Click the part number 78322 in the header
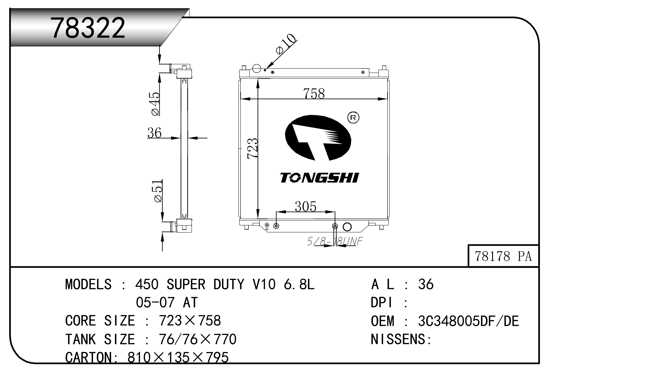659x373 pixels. tap(88, 28)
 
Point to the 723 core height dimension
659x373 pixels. tap(252, 148)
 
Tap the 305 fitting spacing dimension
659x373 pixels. tap(305, 206)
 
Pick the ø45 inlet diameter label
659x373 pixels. tap(155, 104)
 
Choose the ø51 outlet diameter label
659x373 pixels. tap(158, 190)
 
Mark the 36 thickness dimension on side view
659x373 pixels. tap(155, 133)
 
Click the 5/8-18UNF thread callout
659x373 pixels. tap(335, 241)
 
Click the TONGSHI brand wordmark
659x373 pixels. tap(319, 178)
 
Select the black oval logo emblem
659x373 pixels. tap(318, 138)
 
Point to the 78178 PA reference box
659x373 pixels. tap(503, 256)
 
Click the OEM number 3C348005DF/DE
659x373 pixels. tap(468, 321)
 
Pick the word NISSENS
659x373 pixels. tap(400, 339)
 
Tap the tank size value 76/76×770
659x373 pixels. tap(198, 339)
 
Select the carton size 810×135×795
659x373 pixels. tap(178, 357)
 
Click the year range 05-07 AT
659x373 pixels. tap(167, 302)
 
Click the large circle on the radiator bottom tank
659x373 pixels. tap(347, 227)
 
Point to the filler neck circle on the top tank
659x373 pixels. tap(256, 68)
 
